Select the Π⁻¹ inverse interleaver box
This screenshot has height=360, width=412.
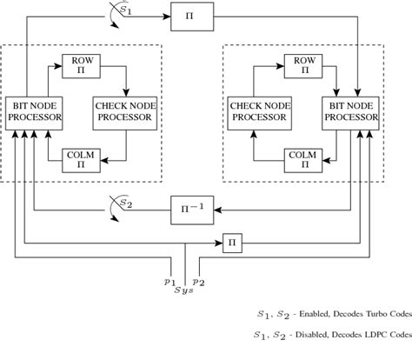[192, 209]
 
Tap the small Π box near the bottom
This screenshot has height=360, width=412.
[232, 243]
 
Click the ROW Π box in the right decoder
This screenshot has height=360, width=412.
[304, 65]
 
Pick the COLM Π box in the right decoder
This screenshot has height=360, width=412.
[304, 160]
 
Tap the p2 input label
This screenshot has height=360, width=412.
[198, 283]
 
